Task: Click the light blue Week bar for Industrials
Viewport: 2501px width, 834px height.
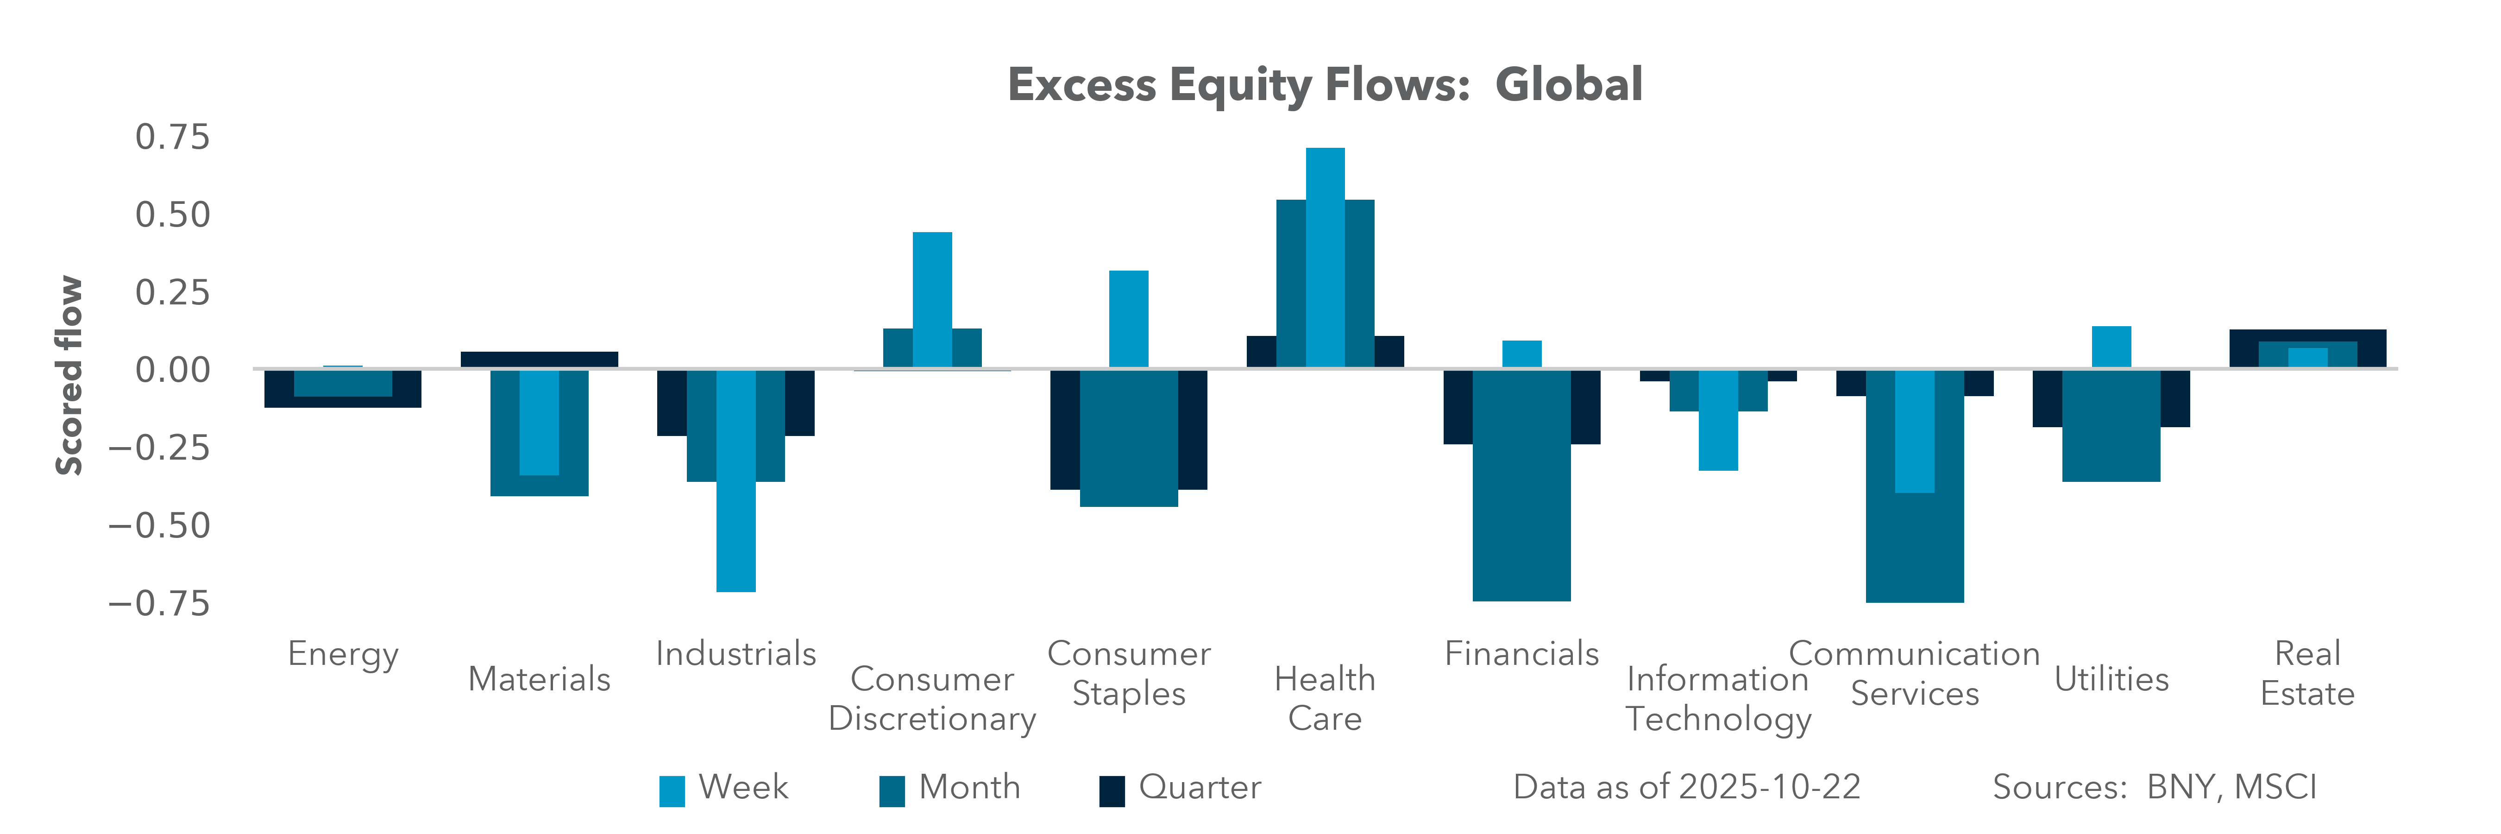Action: tap(736, 480)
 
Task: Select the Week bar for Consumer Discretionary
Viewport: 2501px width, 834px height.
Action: tap(932, 299)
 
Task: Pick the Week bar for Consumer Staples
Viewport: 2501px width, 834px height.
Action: tap(1128, 318)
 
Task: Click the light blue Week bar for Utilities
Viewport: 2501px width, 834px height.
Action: tap(2111, 347)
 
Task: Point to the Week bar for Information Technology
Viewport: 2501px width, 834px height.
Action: tap(1717, 419)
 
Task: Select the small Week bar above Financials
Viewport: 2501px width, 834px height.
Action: tap(1521, 354)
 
